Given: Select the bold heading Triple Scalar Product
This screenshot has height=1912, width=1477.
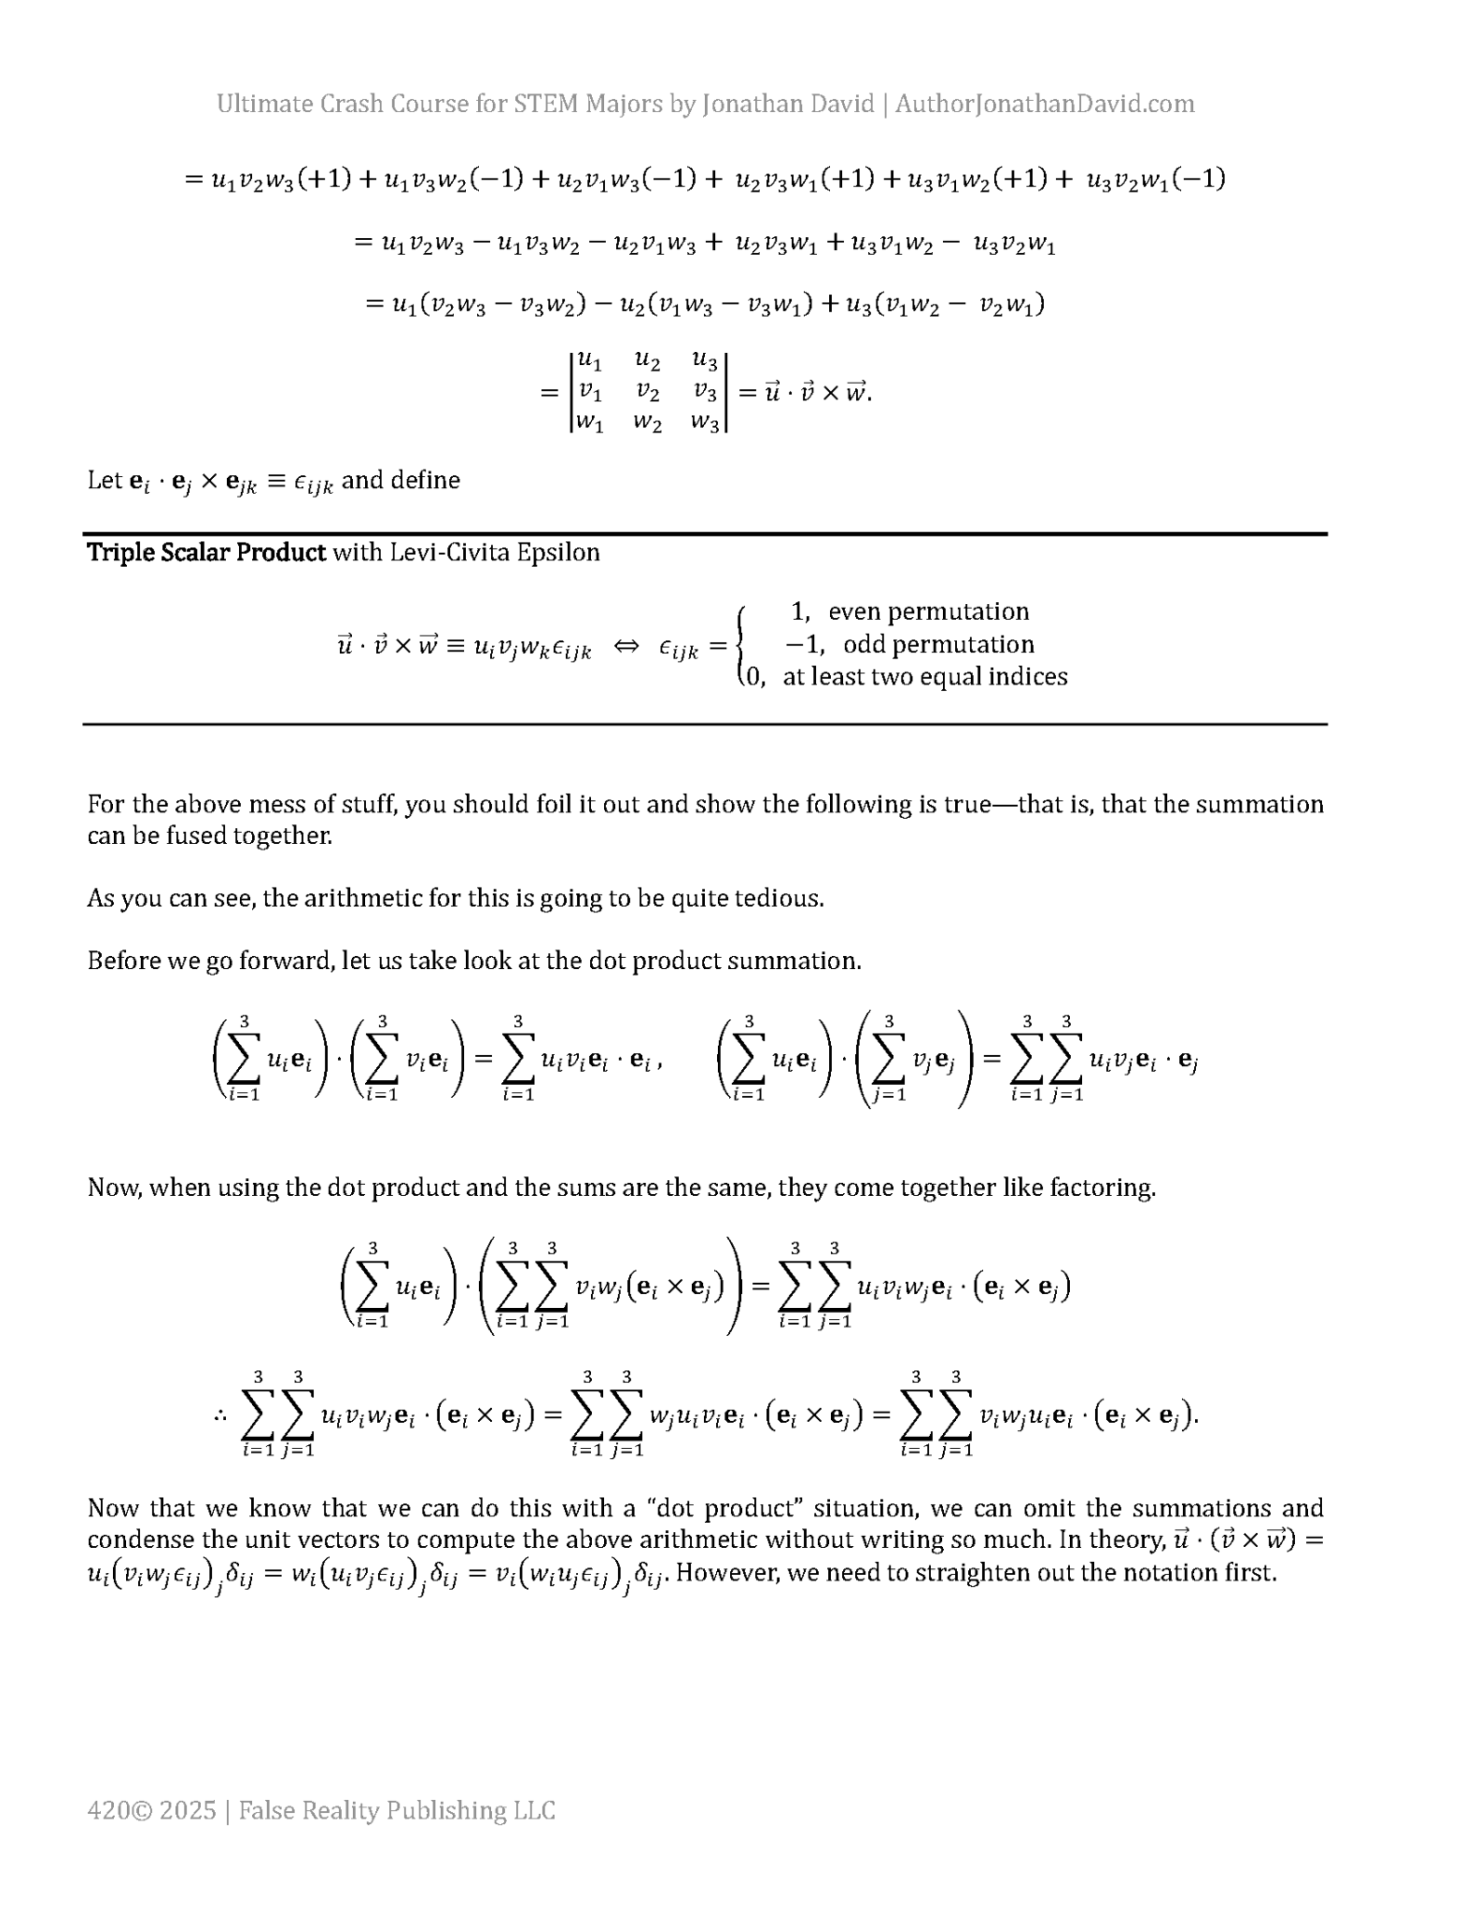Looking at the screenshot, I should tap(206, 552).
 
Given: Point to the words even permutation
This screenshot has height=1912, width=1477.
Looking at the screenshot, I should tap(928, 612).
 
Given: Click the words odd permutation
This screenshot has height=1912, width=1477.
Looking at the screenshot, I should tap(938, 644).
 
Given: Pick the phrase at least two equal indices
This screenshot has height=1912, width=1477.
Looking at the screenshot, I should tap(924, 677).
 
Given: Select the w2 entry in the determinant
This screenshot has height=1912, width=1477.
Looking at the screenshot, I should tap(647, 423).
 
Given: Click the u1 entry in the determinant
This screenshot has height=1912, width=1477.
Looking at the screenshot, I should tap(589, 360).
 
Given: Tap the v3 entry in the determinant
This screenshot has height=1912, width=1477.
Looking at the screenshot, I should tap(705, 392).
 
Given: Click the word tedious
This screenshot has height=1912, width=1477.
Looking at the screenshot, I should tap(781, 898).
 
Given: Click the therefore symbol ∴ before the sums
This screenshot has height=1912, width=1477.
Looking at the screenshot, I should tap(219, 1416).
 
